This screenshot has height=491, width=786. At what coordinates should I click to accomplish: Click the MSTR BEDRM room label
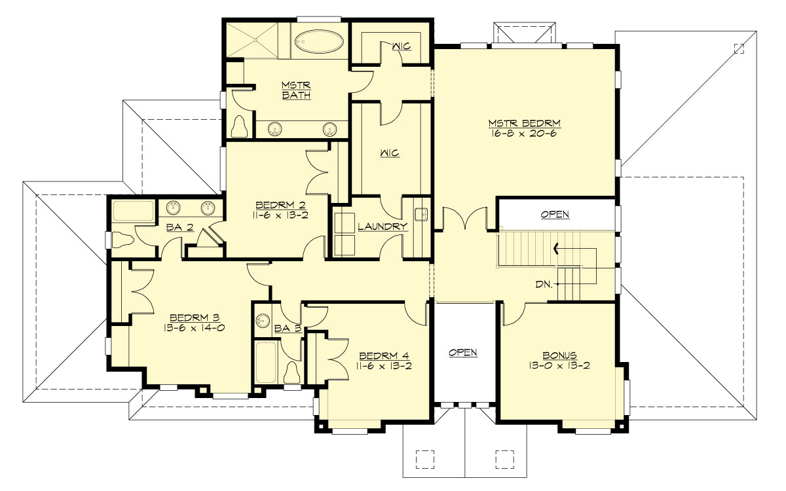525,123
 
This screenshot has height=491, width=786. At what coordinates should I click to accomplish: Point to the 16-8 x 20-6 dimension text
525,134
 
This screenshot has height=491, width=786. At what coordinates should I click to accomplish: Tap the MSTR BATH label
295,90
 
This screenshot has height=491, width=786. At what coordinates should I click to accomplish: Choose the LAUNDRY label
383,227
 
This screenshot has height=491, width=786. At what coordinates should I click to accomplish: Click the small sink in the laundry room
422,213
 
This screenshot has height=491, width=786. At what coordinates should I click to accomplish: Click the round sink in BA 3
263,321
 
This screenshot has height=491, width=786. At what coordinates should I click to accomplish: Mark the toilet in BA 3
292,371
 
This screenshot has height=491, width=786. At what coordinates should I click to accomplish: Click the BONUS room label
559,355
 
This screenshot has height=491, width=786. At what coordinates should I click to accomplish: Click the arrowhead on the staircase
557,248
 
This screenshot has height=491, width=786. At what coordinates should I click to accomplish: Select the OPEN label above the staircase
555,214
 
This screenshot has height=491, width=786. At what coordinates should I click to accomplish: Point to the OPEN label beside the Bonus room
463,352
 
